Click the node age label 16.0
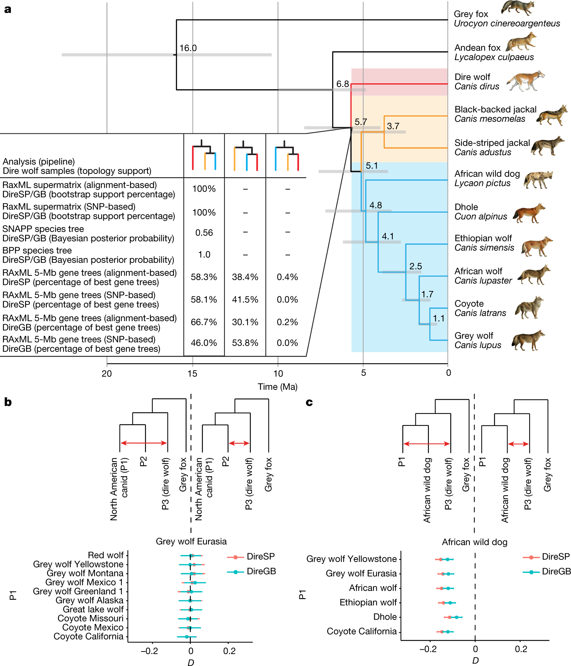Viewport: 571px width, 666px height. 188,48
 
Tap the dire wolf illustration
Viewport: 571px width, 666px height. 525,81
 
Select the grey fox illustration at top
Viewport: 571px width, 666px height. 518,8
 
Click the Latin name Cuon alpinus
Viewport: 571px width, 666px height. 481,217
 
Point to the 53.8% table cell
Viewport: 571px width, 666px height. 245,343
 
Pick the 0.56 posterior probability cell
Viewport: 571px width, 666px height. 204,233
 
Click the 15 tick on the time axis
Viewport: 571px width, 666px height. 192,374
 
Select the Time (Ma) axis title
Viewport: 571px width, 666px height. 277,387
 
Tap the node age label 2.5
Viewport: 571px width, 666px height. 415,266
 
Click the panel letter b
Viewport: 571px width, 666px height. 8,402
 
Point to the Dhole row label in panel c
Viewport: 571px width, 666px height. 385,617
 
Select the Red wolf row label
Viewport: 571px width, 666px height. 106,555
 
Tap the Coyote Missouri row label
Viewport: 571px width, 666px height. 90,619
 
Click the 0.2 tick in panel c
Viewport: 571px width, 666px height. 521,649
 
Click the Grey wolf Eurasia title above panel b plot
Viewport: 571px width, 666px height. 191,542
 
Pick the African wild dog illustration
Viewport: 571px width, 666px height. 538,180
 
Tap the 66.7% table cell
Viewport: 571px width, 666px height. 204,322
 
